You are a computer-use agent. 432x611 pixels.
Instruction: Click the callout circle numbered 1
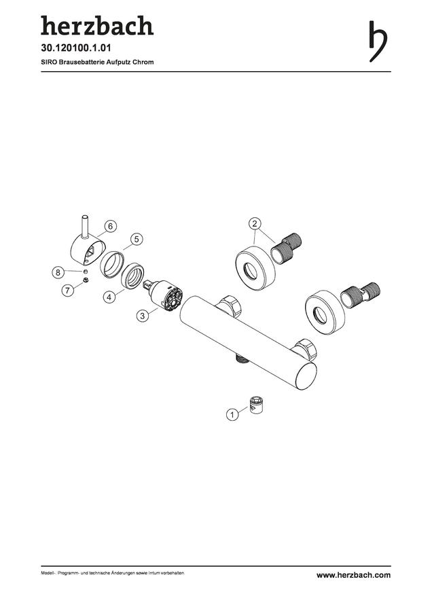pos(232,414)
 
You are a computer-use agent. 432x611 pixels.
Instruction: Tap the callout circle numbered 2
pos(255,223)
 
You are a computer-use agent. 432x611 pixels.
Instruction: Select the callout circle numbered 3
pos(143,315)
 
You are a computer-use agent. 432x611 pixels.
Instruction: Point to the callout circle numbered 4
pos(109,297)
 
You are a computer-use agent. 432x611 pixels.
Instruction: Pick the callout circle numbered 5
pos(137,239)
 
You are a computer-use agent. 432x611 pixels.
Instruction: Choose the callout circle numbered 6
pos(110,226)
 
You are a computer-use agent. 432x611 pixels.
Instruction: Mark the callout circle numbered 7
pos(68,290)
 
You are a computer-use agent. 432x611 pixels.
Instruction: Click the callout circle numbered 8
pos(58,272)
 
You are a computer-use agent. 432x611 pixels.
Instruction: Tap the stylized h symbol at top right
pos(378,41)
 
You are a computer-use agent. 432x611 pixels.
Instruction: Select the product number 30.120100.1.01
pos(76,48)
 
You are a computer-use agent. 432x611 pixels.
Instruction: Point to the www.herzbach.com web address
pos(353,575)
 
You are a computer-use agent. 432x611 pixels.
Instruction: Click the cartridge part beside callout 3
pos(164,295)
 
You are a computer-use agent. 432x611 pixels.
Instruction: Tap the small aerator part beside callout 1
pos(256,405)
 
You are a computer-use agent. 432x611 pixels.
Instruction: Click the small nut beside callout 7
pos(86,280)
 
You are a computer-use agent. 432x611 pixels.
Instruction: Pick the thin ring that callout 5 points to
pos(112,264)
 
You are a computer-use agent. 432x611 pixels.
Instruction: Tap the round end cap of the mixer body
pos(306,375)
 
